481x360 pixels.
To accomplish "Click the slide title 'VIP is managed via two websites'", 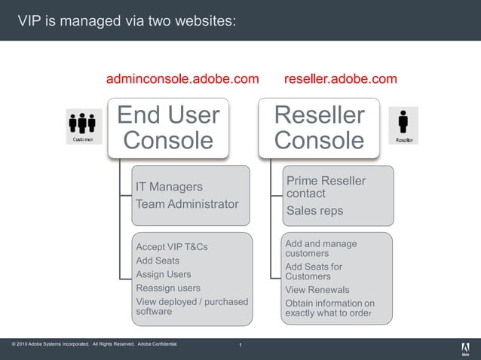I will coord(127,20).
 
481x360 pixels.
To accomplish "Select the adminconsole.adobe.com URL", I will coord(182,78).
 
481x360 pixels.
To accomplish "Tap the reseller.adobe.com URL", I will coord(340,78).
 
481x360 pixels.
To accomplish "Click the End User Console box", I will coord(167,127).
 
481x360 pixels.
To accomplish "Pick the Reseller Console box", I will coord(319,127).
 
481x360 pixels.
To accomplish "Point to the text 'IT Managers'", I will coord(169,186).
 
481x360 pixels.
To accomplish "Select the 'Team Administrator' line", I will coord(187,203).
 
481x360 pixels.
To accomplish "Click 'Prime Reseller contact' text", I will coord(325,187).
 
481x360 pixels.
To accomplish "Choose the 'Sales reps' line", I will coord(314,211).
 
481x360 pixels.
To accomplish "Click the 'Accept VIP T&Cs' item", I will coord(172,247).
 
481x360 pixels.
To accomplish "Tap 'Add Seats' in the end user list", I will coord(158,261).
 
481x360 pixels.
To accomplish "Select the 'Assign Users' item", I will coord(164,274).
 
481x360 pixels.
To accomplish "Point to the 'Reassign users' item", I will coord(168,288).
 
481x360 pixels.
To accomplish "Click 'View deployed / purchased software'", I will coord(191,307).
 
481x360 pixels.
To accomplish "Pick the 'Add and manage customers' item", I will coord(320,249).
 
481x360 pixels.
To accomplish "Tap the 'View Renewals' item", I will coord(317,290).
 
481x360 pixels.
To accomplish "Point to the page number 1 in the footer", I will coord(240,346).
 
